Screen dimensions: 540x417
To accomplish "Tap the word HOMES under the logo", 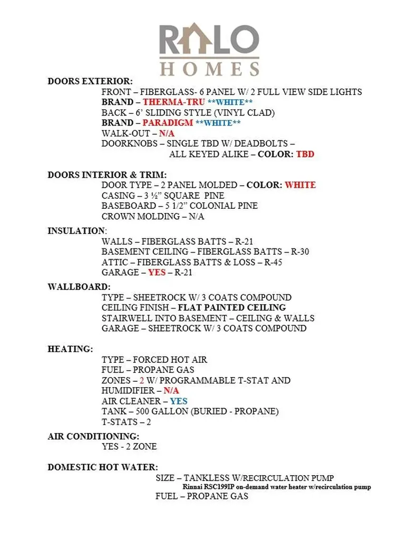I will click(x=209, y=69).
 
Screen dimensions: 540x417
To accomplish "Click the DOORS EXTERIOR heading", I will click(x=90, y=81).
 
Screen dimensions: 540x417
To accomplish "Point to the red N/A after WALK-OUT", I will click(x=167, y=133).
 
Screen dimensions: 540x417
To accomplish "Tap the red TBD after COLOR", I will click(x=305, y=154).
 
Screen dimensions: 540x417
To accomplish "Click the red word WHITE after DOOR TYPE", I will click(x=300, y=185).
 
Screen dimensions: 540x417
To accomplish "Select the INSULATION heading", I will click(x=76, y=231).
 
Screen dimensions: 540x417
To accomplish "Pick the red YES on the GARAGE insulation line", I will click(x=157, y=273).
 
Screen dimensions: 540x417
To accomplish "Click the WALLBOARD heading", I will click(x=79, y=287).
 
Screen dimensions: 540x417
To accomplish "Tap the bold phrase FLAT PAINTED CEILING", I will click(x=231, y=307).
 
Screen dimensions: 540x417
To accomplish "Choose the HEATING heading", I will click(x=70, y=349).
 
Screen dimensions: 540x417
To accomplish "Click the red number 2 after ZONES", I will click(x=142, y=380).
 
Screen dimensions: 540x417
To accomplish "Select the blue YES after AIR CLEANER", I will click(x=179, y=401).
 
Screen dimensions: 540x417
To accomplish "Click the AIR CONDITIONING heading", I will click(x=93, y=437).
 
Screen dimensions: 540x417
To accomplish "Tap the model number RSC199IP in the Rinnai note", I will click(x=221, y=487).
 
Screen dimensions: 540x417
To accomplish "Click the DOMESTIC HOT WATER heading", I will click(x=103, y=467).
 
